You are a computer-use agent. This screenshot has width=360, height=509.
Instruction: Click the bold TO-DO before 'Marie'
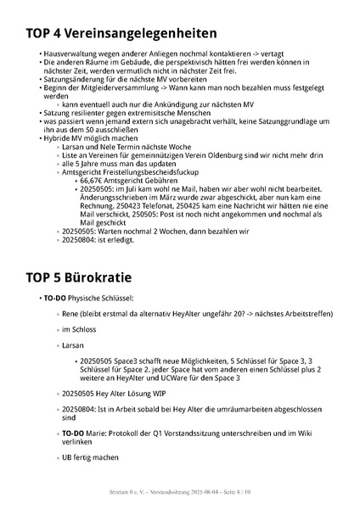tap(76, 433)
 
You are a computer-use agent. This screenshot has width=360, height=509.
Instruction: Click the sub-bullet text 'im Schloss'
tap(79, 329)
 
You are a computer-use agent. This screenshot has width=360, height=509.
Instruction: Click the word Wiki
tap(303, 433)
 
